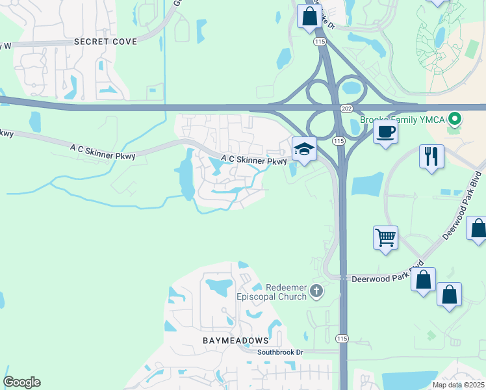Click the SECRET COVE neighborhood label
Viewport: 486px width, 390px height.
tap(105, 42)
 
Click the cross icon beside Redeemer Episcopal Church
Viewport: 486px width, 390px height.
tap(316, 291)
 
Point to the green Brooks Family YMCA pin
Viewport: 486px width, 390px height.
tap(455, 119)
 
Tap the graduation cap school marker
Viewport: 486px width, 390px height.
tap(303, 150)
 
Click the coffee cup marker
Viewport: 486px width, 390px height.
tap(385, 132)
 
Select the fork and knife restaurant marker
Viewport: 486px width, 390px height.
tap(431, 156)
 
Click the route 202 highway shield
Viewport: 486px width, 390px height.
tap(344, 108)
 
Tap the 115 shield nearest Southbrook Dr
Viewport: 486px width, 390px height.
tap(342, 339)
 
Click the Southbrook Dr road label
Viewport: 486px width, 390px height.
tap(280, 352)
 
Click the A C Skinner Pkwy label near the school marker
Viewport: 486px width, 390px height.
tap(253, 159)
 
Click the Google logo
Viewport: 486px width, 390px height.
tap(21, 382)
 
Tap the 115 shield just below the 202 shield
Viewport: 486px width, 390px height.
tap(338, 140)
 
